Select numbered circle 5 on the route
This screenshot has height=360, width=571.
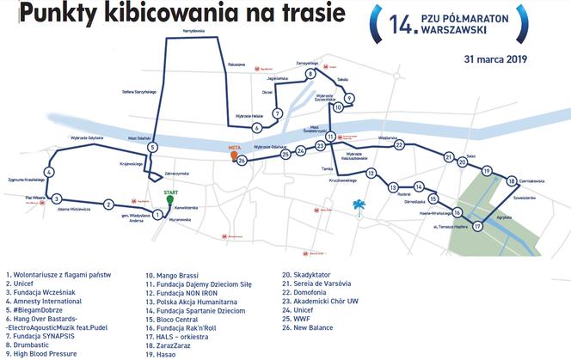(152, 148)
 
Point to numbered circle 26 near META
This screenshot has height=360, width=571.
(243, 161)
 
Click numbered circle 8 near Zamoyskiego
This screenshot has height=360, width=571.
(310, 74)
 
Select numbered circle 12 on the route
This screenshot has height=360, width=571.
(371, 174)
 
